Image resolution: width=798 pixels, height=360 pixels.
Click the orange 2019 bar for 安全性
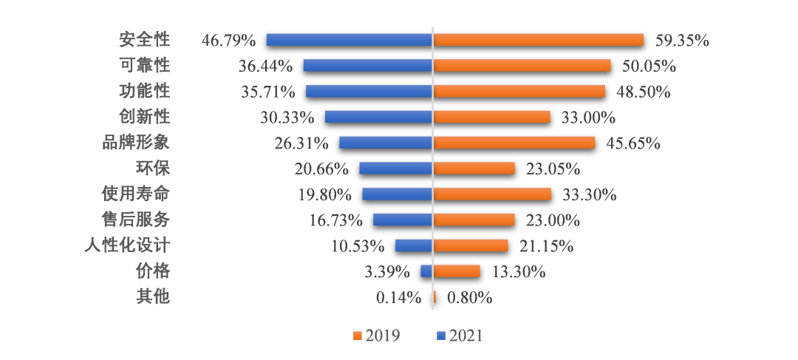pyautogui.click(x=539, y=40)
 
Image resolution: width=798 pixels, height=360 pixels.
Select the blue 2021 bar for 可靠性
pyautogui.click(x=368, y=66)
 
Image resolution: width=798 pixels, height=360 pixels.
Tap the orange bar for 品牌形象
pyautogui.click(x=514, y=143)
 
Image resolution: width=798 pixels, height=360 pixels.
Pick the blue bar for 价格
pyautogui.click(x=426, y=271)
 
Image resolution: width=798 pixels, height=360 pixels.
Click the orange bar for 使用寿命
pyautogui.click(x=492, y=194)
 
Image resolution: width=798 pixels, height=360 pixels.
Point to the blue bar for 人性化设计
pyautogui.click(x=414, y=245)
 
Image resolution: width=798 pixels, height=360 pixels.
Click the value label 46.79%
pyautogui.click(x=228, y=40)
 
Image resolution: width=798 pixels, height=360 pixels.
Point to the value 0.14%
pyautogui.click(x=398, y=297)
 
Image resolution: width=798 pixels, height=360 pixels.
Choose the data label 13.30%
pyautogui.click(x=518, y=271)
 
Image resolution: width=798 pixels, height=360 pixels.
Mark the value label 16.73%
pyautogui.click(x=336, y=220)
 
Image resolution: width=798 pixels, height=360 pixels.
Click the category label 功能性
pyautogui.click(x=145, y=91)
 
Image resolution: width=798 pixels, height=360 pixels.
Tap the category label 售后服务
pyautogui.click(x=136, y=220)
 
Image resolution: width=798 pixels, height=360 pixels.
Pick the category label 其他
pyautogui.click(x=153, y=297)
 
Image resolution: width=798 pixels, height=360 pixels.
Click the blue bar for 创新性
pyautogui.click(x=378, y=117)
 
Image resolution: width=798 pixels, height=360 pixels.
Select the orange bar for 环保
pyautogui.click(x=474, y=169)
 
